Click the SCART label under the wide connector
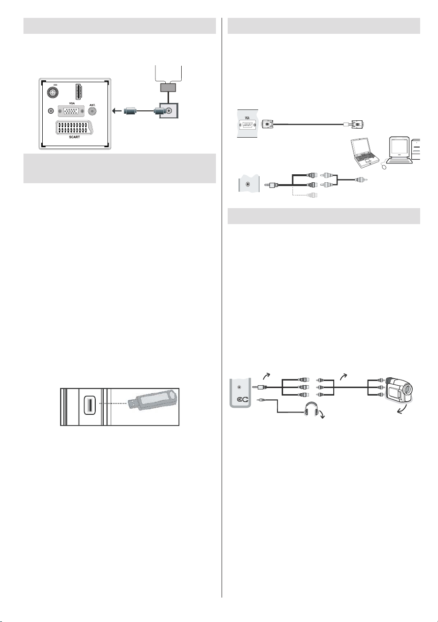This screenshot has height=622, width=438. tap(74, 137)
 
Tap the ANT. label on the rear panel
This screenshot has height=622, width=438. tap(92, 105)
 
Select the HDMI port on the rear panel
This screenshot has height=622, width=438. tap(79, 92)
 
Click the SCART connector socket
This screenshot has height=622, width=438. tap(74, 127)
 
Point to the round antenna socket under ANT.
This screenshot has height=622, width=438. tap(92, 111)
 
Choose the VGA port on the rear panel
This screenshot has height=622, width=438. tap(71, 111)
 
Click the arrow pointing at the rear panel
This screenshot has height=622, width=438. tap(117, 111)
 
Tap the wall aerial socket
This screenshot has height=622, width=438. tap(169, 110)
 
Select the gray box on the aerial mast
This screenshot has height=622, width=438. tap(169, 88)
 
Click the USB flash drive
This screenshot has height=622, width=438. tap(152, 400)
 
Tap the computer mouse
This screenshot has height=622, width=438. tap(384, 167)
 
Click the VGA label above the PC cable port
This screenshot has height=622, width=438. tap(247, 118)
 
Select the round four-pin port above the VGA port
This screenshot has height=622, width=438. tap(52, 93)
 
